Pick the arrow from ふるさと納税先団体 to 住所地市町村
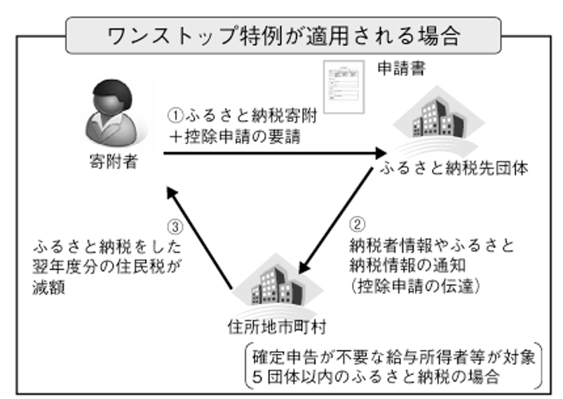tap(335, 225)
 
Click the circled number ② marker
tap(358, 225)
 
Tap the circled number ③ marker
tap(177, 227)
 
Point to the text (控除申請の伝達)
tap(416, 286)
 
